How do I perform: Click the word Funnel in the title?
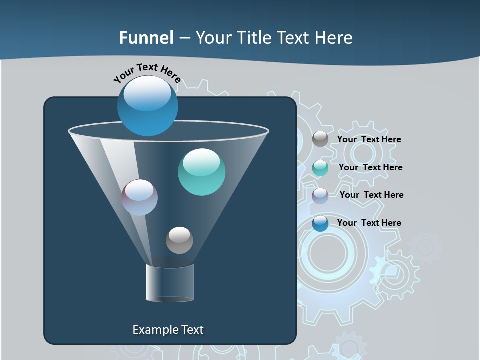146,38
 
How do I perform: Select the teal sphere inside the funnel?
201,172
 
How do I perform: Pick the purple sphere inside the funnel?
140,198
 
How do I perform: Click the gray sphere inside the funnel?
179,240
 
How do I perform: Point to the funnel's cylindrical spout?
170,283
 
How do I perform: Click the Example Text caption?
168,330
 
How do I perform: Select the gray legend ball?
320,139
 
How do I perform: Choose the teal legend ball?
320,168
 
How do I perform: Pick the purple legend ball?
320,195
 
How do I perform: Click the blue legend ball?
320,223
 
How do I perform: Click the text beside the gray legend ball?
369,140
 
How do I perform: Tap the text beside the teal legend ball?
370,168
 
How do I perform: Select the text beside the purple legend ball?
371,195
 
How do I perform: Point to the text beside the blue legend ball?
369,223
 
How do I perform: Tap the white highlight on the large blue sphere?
147,93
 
